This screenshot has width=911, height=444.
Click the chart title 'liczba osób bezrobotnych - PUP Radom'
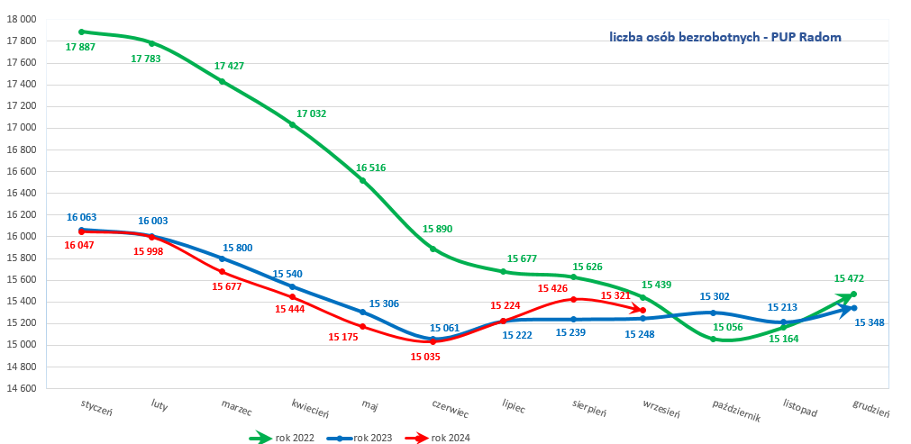[724, 37]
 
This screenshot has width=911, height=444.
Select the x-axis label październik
[736, 411]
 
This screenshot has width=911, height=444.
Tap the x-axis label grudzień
[871, 408]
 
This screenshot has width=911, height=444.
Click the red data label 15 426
[552, 288]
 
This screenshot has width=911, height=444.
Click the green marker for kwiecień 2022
[292, 124]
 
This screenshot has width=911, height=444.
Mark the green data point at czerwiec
[433, 249]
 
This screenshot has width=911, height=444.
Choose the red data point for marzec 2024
[222, 271]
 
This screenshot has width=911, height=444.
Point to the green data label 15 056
[726, 327]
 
